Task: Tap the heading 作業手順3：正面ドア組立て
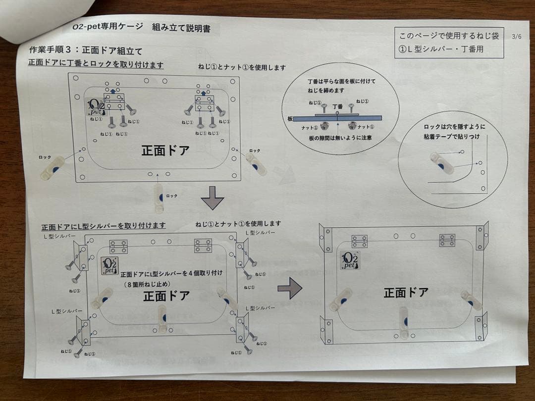click(x=86, y=51)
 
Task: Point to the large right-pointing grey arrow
click(x=290, y=288)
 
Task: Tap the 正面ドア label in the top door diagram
click(x=165, y=150)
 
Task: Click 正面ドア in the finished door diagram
click(x=406, y=292)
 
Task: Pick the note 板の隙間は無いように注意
click(x=340, y=138)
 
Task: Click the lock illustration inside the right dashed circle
click(x=441, y=163)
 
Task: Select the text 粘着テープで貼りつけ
click(x=452, y=137)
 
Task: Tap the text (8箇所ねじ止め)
click(x=147, y=284)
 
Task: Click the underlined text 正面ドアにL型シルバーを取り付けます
click(x=104, y=226)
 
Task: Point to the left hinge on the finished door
click(x=360, y=241)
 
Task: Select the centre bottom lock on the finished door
click(x=404, y=323)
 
